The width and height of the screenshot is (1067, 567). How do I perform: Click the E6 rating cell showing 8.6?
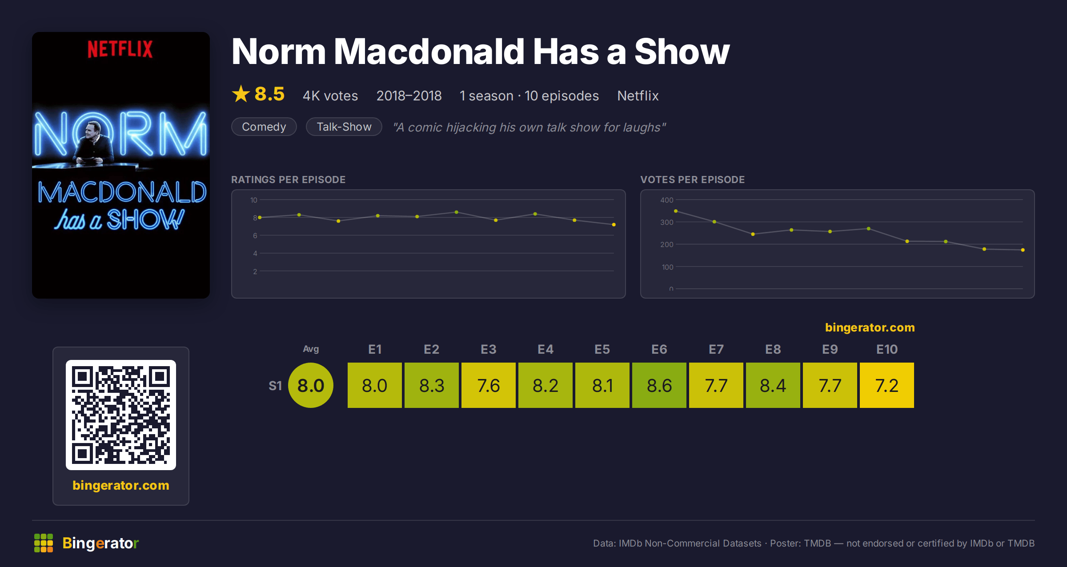[659, 385]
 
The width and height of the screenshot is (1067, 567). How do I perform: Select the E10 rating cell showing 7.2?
[887, 385]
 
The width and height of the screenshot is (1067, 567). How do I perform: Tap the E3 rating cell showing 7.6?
[489, 385]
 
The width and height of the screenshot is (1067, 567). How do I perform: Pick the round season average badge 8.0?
[311, 385]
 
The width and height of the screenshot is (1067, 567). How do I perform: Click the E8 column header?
[773, 349]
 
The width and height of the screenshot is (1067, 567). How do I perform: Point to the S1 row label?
[275, 386]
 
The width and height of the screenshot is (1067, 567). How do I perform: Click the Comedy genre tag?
[264, 127]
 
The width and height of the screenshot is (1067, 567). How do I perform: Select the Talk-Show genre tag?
[344, 127]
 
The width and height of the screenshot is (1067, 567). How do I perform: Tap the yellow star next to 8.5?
[241, 94]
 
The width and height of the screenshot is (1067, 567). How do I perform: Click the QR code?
[121, 415]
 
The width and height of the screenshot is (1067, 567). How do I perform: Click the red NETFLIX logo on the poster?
[120, 49]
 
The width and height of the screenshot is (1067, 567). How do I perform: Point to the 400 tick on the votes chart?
[666, 200]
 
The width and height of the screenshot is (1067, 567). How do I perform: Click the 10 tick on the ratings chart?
[254, 200]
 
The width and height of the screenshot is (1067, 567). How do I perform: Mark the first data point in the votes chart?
[676, 211]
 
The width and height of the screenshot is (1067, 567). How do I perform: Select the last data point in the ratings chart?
[614, 224]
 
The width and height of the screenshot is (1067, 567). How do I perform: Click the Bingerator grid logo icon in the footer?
[44, 543]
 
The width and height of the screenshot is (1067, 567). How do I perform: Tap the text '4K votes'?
[330, 96]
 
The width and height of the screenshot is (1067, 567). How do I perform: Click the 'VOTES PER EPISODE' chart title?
[692, 180]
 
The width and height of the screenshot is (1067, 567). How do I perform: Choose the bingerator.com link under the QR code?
[121, 485]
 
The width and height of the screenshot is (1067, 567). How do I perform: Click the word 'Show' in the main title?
[682, 52]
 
